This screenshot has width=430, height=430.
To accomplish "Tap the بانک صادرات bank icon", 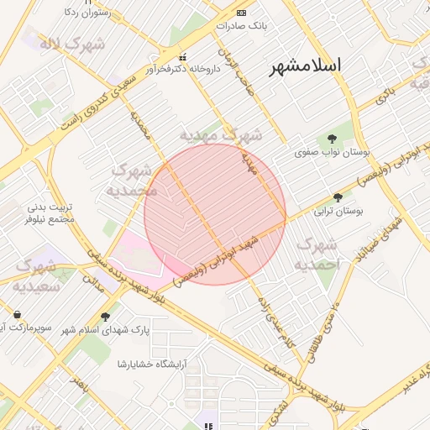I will click(x=243, y=13).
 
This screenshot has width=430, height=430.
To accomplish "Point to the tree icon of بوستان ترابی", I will click(x=338, y=198).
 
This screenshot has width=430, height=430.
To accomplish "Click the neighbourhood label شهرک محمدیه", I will click(x=134, y=180).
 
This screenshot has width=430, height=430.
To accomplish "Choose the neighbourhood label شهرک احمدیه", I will click(x=317, y=254).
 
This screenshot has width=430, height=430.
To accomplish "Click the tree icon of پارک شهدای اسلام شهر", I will click(x=106, y=317).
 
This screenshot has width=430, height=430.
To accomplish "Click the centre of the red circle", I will click(x=215, y=214).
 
